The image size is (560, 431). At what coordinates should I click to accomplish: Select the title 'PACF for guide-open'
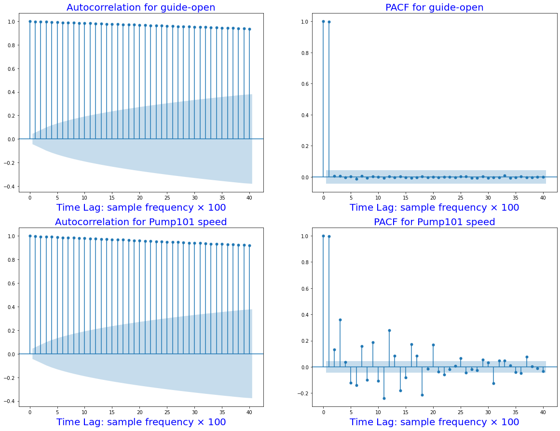(x=434, y=7)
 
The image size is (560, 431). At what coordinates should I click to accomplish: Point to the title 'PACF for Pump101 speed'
(x=434, y=222)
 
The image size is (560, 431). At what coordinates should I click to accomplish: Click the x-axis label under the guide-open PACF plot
(x=434, y=207)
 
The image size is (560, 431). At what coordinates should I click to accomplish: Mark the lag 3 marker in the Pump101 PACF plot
(x=340, y=320)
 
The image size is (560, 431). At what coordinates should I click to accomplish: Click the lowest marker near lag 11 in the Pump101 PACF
(x=384, y=398)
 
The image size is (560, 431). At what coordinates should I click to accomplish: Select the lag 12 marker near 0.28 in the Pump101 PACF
(x=389, y=330)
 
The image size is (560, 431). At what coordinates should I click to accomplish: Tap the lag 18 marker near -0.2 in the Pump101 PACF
(x=422, y=395)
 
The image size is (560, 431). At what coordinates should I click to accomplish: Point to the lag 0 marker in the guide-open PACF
(x=323, y=21)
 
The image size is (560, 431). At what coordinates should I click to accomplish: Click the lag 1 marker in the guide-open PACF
(x=329, y=22)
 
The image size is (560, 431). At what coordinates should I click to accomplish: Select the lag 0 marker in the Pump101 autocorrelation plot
(x=30, y=236)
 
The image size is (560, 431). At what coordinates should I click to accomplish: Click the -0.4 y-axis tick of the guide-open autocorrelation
(x=10, y=186)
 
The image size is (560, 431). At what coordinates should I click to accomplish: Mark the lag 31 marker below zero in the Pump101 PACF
(x=493, y=383)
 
